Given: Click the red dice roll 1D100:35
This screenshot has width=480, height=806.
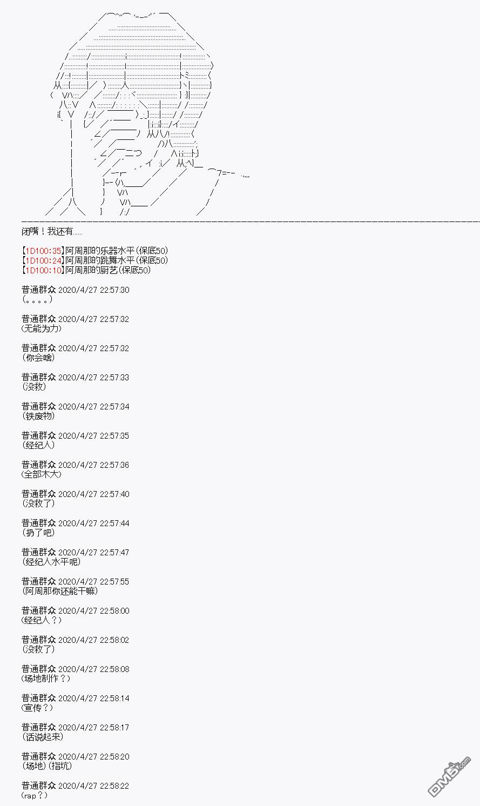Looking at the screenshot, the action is [43, 251].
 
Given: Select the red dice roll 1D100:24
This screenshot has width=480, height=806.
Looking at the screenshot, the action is [43, 260].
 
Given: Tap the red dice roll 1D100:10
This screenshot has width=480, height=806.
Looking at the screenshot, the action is [43, 270].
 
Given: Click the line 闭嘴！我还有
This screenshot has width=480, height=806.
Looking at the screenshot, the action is [52, 231].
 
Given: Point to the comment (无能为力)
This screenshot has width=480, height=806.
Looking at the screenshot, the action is [42, 328].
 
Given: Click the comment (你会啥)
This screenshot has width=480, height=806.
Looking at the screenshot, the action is [38, 358].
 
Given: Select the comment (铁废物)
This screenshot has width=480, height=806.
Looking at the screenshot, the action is [38, 416].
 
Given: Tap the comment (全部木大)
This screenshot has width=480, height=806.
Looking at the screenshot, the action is [42, 474].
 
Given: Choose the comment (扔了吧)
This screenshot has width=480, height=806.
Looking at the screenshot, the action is [38, 533].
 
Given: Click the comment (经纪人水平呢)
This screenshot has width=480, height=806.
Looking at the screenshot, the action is [51, 562].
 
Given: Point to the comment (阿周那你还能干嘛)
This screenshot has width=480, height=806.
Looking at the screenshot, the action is [60, 591].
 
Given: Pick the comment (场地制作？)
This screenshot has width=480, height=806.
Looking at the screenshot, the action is [46, 679].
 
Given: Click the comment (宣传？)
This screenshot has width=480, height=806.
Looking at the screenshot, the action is [37, 707].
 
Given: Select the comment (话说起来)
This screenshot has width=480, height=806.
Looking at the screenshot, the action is [43, 736].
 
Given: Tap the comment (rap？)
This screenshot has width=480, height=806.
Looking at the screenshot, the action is [35, 795].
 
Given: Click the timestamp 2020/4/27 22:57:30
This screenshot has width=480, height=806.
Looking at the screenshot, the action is [93, 290].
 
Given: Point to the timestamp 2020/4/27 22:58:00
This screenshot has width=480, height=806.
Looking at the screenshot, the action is [93, 610].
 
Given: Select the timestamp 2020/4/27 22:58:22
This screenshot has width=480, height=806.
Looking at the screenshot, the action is [93, 785].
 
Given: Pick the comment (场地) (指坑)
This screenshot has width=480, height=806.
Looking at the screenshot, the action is [47, 765].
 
